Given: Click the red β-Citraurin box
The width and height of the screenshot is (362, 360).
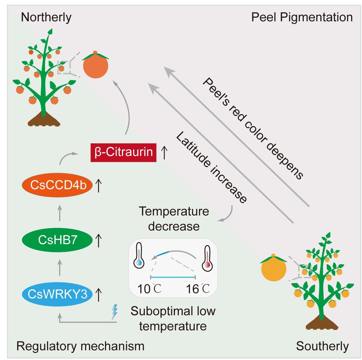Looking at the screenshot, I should click(x=123, y=152).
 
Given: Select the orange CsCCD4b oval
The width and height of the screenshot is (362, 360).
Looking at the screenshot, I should click(x=57, y=185).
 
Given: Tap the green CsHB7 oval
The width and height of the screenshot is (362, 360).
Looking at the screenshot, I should click(x=57, y=240).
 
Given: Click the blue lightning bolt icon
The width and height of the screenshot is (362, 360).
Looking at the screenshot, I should click(x=115, y=312).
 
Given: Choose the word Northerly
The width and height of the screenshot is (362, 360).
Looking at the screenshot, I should click(x=46, y=17).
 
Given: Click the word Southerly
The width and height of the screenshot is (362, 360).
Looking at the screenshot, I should click(x=322, y=346).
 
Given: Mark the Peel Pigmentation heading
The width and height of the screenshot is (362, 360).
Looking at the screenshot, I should click(x=302, y=17).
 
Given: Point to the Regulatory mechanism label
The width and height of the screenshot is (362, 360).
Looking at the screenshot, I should click(x=80, y=346).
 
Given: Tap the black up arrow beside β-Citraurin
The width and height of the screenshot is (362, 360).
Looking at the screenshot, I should click(x=164, y=152).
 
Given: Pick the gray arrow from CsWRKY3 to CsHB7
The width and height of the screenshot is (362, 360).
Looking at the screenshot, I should click(x=60, y=267).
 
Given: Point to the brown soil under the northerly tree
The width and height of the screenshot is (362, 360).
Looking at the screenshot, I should click(x=44, y=119).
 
